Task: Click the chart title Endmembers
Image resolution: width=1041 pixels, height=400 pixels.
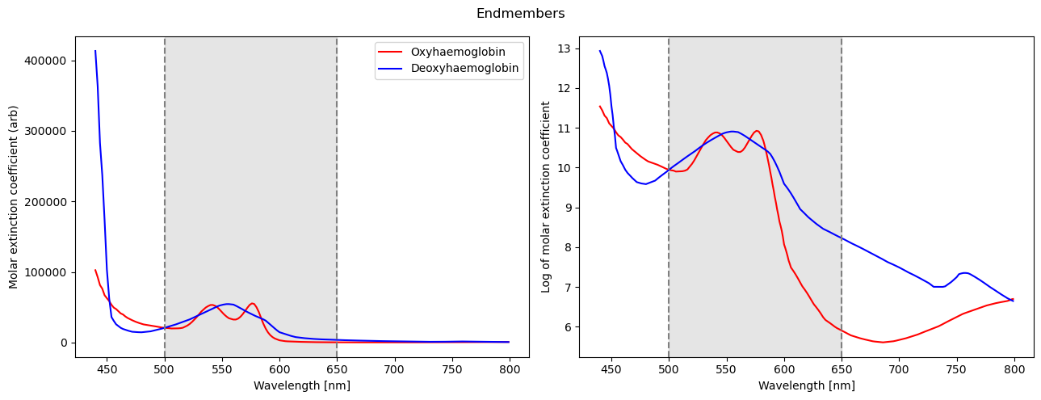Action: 520,14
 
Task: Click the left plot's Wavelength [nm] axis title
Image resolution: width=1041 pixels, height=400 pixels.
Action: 302,385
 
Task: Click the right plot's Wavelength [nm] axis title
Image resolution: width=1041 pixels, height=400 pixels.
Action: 806,385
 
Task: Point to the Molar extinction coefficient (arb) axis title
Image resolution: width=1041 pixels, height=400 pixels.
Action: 14,196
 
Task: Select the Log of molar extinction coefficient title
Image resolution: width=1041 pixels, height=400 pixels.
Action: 546,196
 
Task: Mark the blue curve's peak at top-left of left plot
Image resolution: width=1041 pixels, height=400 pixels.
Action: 95,51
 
